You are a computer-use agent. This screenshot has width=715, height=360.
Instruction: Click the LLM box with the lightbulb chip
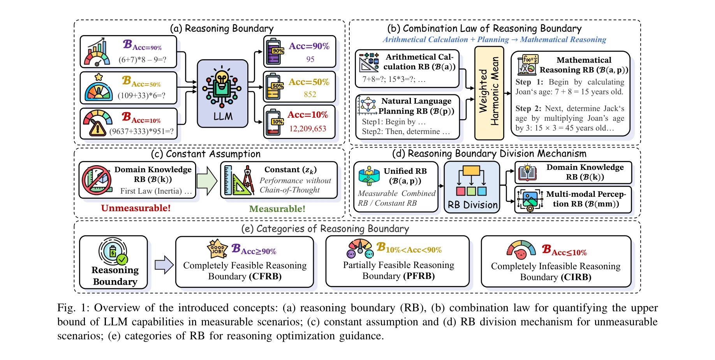222,94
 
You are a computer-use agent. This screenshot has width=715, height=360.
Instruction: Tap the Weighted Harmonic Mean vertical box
489,93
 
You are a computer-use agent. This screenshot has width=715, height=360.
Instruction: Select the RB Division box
472,187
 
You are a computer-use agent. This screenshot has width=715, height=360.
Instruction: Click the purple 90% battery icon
275,52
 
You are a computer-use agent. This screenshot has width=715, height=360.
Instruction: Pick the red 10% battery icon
274,122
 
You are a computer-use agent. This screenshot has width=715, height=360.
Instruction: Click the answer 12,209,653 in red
308,129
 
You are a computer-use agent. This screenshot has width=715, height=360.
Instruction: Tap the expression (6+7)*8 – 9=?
143,60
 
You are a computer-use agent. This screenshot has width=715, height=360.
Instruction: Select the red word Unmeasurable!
136,208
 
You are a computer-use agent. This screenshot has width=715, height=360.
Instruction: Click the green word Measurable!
277,209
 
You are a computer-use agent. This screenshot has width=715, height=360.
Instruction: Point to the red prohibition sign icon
96,180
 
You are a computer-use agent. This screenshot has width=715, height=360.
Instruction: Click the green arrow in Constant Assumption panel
207,180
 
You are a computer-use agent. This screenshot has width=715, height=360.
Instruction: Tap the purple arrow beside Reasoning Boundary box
164,265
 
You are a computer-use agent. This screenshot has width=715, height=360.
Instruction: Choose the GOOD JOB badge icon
217,249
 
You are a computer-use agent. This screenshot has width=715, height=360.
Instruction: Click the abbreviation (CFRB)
265,276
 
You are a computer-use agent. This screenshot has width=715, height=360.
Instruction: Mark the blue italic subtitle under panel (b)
494,39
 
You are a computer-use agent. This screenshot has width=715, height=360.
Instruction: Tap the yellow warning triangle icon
97,129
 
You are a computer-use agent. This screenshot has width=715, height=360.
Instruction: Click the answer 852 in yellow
310,94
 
